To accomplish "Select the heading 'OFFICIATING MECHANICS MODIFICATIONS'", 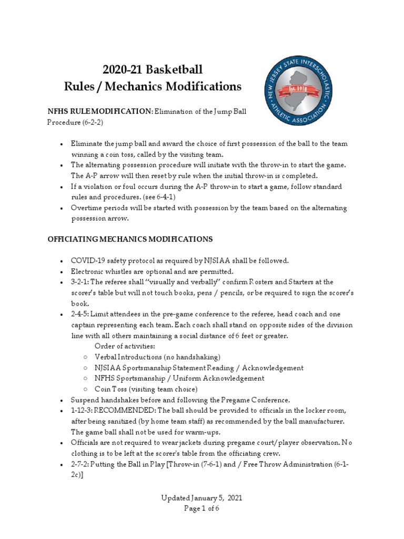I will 130,239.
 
